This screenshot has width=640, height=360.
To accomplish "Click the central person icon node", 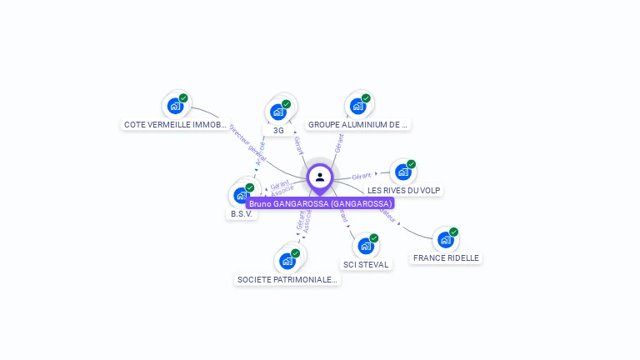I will (320, 177).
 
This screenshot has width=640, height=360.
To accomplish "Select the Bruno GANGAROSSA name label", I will (320, 203).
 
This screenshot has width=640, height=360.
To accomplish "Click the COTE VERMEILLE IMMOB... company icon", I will (174, 106).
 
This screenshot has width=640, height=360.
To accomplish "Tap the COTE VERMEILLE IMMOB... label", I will (175, 125).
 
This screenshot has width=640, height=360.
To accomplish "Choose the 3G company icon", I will (277, 112).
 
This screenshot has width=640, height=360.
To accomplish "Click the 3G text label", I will (278, 131).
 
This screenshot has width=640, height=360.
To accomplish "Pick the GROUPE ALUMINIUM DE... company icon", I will (357, 106).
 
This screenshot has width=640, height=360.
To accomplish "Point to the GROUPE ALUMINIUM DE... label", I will (357, 125).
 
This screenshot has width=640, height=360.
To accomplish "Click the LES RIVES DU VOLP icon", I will (403, 172).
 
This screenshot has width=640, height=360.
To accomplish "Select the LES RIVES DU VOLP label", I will (404, 191).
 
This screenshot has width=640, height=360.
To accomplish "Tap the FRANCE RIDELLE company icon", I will (446, 240).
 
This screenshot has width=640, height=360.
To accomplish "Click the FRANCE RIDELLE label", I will (447, 258).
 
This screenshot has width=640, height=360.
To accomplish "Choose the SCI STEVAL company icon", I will (366, 246).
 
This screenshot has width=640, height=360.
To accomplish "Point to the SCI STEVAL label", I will (366, 265).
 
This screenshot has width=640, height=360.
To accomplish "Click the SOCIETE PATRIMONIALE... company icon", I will (287, 261).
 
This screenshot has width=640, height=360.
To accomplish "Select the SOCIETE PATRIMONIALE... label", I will (287, 280).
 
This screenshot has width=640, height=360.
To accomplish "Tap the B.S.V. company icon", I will (242, 195).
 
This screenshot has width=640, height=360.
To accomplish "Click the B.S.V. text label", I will (242, 214).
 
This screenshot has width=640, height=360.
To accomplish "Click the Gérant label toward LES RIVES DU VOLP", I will (361, 177).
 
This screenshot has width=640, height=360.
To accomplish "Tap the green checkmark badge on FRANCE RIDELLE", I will (454, 232).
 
